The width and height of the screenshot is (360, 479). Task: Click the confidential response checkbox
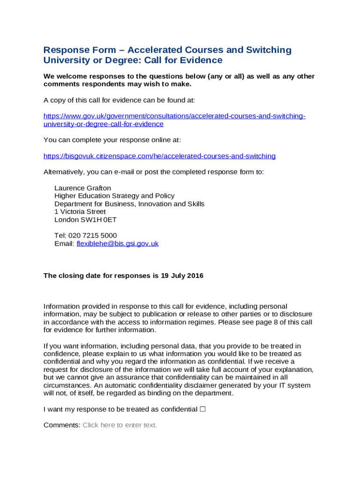(202, 409)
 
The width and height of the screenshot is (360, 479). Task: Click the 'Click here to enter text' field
(120, 425)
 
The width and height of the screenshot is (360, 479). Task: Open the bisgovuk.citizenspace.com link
(159, 156)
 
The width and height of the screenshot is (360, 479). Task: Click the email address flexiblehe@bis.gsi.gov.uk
(117, 244)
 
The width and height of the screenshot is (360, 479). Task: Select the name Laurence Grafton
(83, 188)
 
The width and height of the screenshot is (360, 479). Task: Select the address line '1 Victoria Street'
(80, 212)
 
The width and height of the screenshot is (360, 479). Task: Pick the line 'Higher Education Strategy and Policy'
(115, 196)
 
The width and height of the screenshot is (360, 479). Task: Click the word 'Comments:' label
(62, 425)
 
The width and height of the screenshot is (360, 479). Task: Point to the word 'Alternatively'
(64, 172)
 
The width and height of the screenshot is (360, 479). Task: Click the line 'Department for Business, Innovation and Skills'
(130, 204)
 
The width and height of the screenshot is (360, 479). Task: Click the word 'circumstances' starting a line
(65, 385)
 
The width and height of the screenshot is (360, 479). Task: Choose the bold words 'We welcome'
(63, 76)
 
